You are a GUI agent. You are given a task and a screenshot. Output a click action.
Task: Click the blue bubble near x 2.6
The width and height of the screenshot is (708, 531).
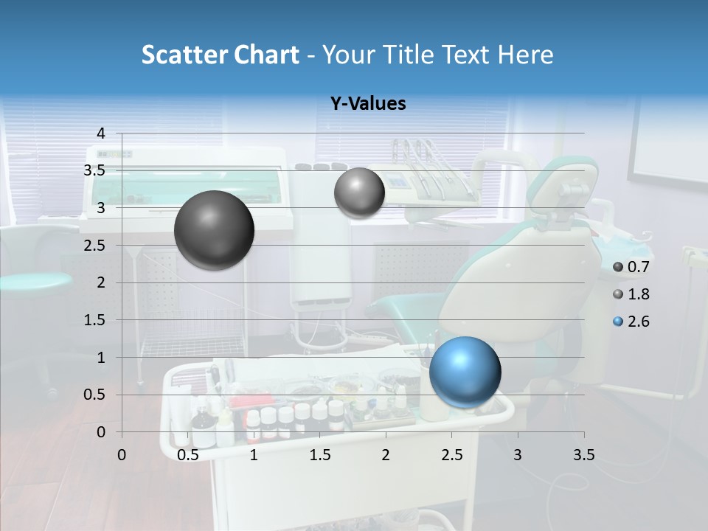[x=465, y=372]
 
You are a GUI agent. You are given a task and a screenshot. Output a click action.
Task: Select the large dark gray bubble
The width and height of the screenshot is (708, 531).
[x=214, y=230]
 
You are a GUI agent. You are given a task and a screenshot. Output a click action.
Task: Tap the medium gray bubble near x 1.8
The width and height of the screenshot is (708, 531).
[x=359, y=193]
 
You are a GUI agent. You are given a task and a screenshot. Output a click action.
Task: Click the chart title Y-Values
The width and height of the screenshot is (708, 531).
[x=367, y=104]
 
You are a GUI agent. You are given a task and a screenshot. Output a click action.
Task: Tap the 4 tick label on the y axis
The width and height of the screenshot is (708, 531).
[x=100, y=133]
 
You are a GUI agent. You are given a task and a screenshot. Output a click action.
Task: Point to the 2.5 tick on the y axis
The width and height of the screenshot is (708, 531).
[x=94, y=246]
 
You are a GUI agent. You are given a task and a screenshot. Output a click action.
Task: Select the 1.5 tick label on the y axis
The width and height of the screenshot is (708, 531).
[x=94, y=320]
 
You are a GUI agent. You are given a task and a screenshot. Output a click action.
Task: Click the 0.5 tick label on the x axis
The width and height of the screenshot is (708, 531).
[x=188, y=455]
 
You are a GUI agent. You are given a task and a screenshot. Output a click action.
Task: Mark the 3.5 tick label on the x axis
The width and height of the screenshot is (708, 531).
[x=583, y=455]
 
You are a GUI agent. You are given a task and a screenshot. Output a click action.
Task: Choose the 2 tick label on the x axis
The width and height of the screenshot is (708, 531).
[x=386, y=455]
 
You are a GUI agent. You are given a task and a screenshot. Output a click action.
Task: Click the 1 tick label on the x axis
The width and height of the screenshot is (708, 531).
[x=254, y=455]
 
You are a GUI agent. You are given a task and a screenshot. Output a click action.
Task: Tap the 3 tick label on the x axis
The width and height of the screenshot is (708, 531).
[x=518, y=455]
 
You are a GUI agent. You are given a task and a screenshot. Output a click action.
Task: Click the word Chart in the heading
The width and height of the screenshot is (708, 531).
[x=266, y=55]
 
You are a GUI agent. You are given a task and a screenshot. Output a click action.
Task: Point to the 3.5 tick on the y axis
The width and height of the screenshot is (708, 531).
[x=94, y=171]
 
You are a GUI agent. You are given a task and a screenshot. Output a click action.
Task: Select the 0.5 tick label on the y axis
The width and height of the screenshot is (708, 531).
[x=94, y=395]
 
